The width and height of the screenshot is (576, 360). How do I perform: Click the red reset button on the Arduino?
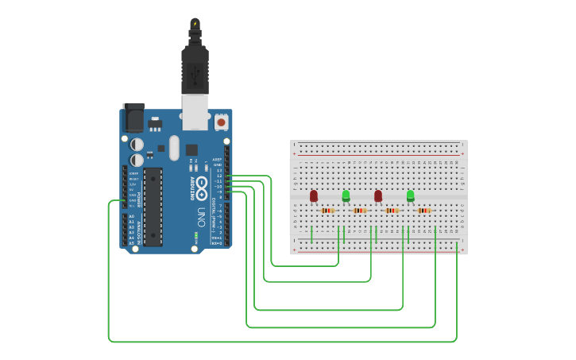tap(221, 122)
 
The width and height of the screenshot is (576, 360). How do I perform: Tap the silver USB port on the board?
tap(195, 111)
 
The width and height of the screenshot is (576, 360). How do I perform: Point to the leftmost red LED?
tap(314, 195)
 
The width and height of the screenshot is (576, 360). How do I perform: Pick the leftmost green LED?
tap(346, 195)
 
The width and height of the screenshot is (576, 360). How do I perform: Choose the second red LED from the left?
tap(378, 195)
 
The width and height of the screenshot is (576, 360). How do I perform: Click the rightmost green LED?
tap(410, 195)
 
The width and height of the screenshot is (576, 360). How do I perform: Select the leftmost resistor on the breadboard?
tap(328, 211)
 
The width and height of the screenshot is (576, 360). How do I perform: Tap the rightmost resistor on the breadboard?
tap(424, 211)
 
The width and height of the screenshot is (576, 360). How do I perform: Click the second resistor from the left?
tap(360, 211)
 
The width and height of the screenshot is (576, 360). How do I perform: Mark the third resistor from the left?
tap(392, 211)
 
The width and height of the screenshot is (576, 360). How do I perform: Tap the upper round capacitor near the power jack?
tap(137, 144)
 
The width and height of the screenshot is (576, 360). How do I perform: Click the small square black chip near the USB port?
tap(191, 149)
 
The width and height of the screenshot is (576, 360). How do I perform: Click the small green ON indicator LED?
tap(195, 236)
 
